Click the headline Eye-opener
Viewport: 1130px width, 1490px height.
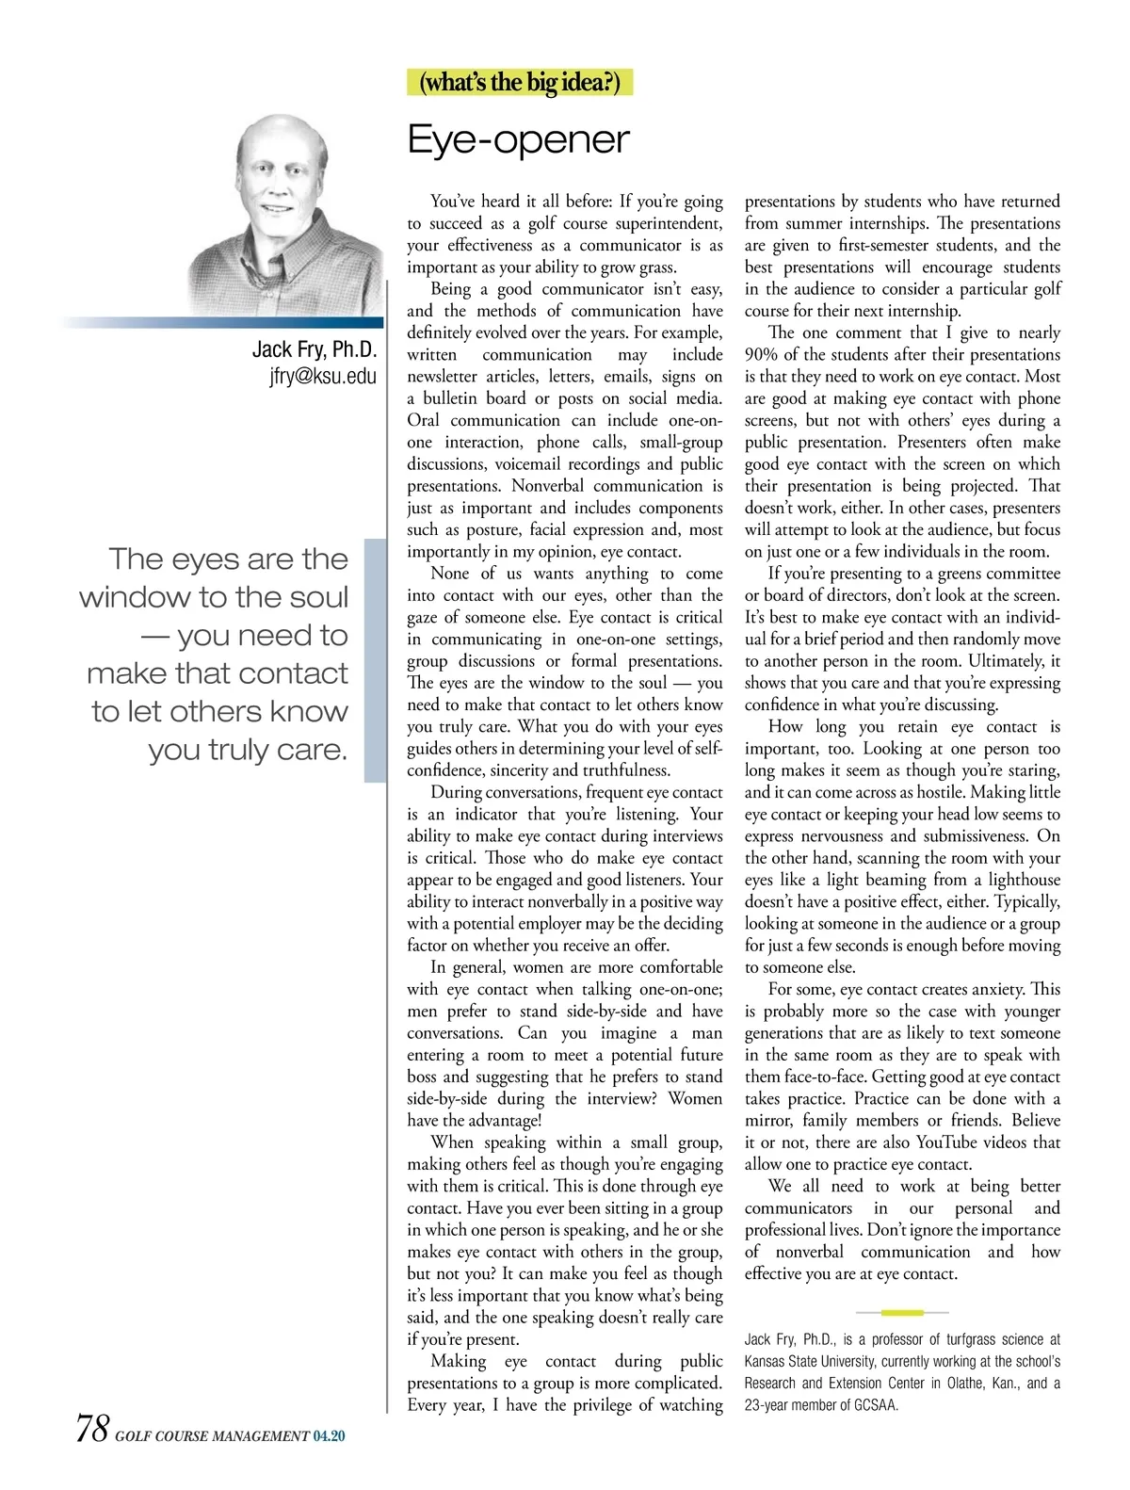[518, 139]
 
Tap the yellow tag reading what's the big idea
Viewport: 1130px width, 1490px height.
[521, 83]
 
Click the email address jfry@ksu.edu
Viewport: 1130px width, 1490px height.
[323, 377]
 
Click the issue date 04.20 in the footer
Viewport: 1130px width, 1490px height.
[330, 1436]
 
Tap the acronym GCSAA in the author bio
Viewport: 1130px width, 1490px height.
[877, 1405]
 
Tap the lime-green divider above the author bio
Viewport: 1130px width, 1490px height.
[902, 1312]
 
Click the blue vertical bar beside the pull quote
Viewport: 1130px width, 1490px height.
[375, 660]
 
